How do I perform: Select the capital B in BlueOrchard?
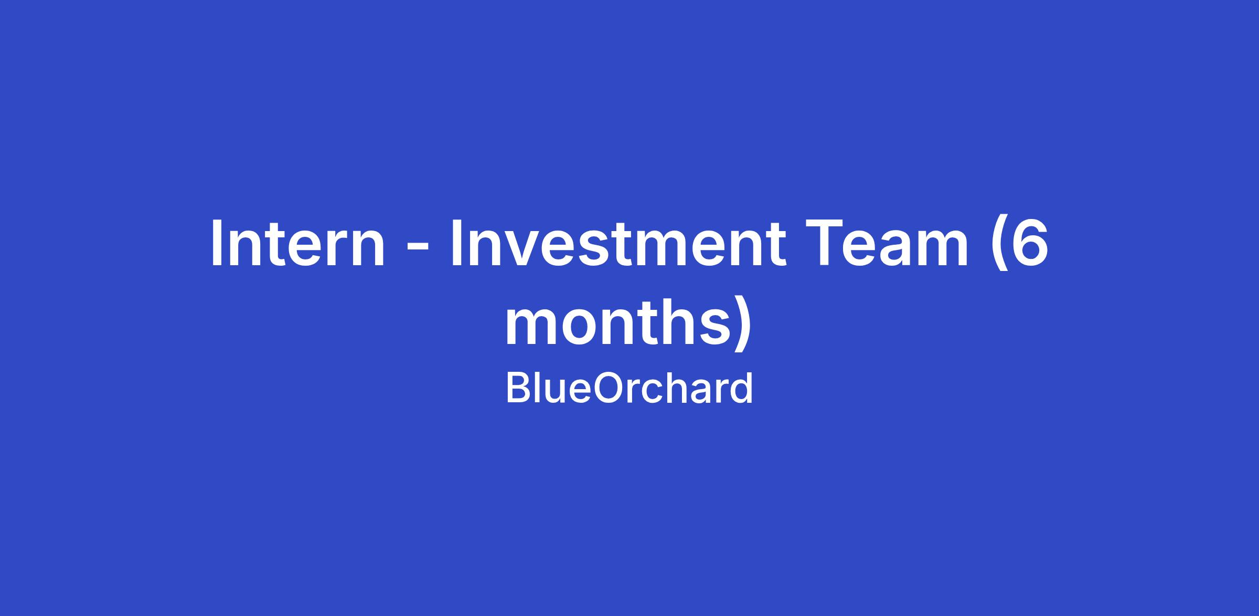tap(518, 388)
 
